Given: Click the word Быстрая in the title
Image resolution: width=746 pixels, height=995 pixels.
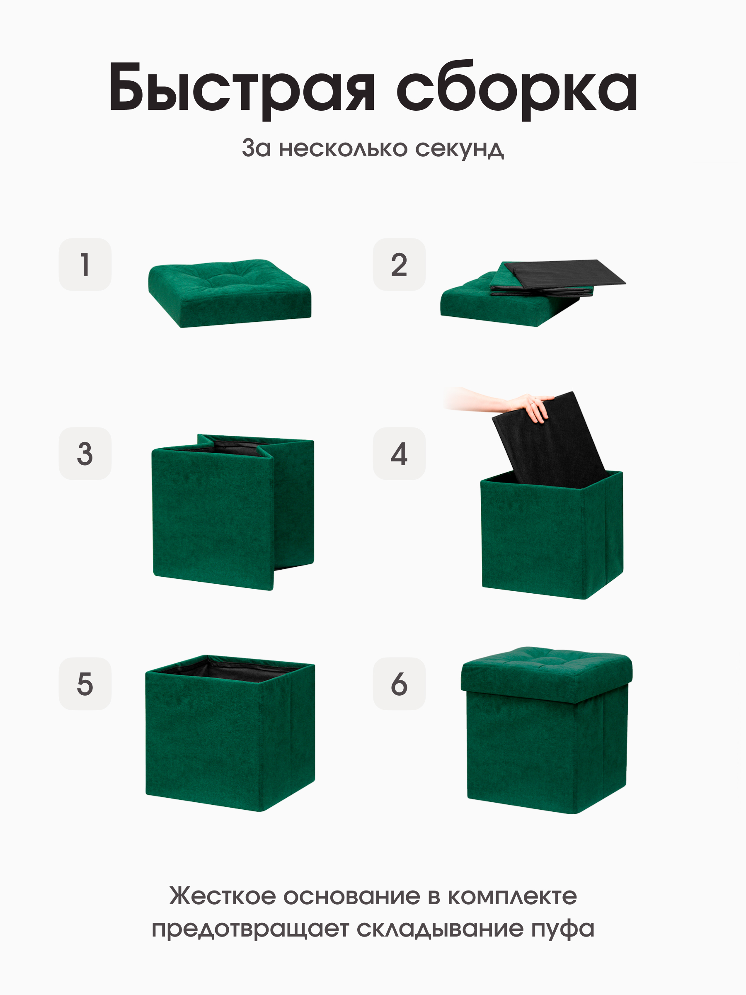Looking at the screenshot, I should coord(241,88).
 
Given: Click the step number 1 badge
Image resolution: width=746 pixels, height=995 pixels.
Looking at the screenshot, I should coord(85,265).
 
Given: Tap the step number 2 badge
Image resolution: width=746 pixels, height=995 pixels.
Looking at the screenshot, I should coord(399,265).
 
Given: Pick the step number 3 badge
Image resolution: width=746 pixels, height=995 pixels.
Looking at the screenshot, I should coord(85,454).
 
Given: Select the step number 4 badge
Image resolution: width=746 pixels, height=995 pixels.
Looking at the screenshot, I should coord(399,454).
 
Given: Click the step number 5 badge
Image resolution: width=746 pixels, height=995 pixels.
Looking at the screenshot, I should coord(85,684).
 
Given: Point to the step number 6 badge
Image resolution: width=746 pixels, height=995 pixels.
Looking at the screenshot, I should coord(399,684).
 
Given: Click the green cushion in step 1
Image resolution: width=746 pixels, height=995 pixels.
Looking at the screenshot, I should coord(229,292).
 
